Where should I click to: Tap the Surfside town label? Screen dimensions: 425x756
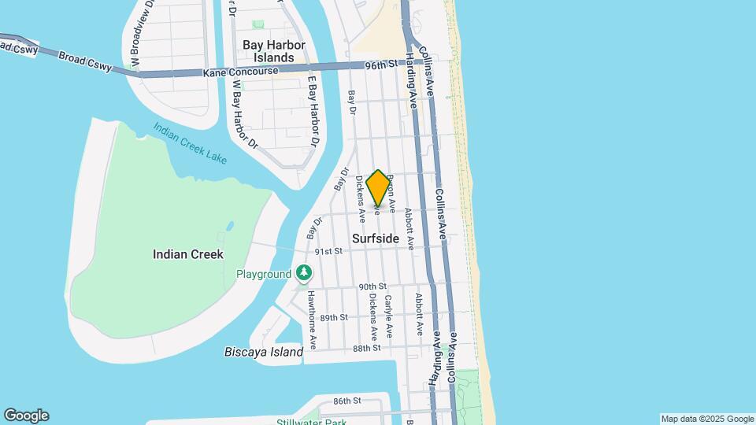click(x=376, y=238)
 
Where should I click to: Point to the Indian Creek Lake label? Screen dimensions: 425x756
click(x=190, y=143)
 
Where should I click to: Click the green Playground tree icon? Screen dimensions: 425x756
click(x=304, y=274)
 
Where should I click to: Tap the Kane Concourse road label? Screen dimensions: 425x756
click(x=240, y=72)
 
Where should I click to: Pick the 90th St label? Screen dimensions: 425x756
click(x=372, y=286)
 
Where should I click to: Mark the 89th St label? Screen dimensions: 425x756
click(x=334, y=317)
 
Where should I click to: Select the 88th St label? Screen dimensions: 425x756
click(x=367, y=348)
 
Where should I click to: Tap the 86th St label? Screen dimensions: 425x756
click(x=346, y=401)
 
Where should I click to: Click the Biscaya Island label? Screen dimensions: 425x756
click(x=264, y=352)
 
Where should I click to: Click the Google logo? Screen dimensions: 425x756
click(x=26, y=416)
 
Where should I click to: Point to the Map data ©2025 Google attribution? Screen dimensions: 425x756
click(x=707, y=419)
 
